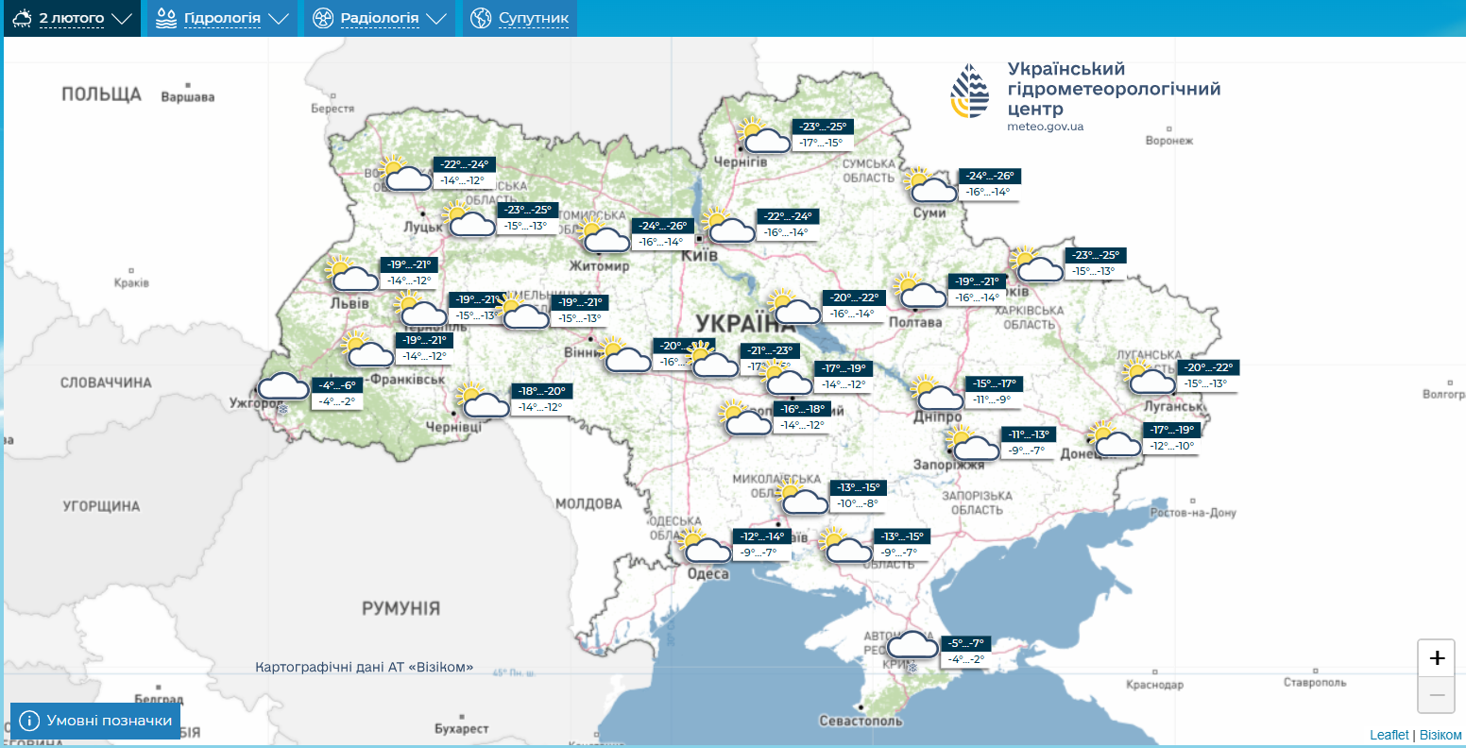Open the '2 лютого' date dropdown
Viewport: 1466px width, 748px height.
tap(72, 18)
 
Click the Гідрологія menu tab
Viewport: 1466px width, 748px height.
tap(222, 18)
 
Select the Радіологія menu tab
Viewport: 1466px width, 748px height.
tap(379, 18)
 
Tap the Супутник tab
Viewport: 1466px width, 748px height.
tap(520, 18)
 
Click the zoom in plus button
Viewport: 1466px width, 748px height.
tap(1437, 658)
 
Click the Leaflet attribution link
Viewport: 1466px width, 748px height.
tap(1389, 735)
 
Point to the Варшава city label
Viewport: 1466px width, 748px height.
tap(188, 97)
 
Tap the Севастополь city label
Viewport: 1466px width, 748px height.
tap(861, 721)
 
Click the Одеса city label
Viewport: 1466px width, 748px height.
tap(707, 574)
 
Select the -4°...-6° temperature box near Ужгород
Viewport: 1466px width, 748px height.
tap(336, 385)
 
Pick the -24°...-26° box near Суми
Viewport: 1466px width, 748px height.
tap(989, 176)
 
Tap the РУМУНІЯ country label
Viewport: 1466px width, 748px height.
tap(401, 608)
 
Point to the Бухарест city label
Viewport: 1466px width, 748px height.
tap(462, 729)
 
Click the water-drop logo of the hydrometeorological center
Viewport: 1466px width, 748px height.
tap(970, 92)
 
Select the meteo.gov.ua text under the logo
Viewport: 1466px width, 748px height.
tap(1045, 127)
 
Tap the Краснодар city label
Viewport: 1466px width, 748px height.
tap(1154, 685)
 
